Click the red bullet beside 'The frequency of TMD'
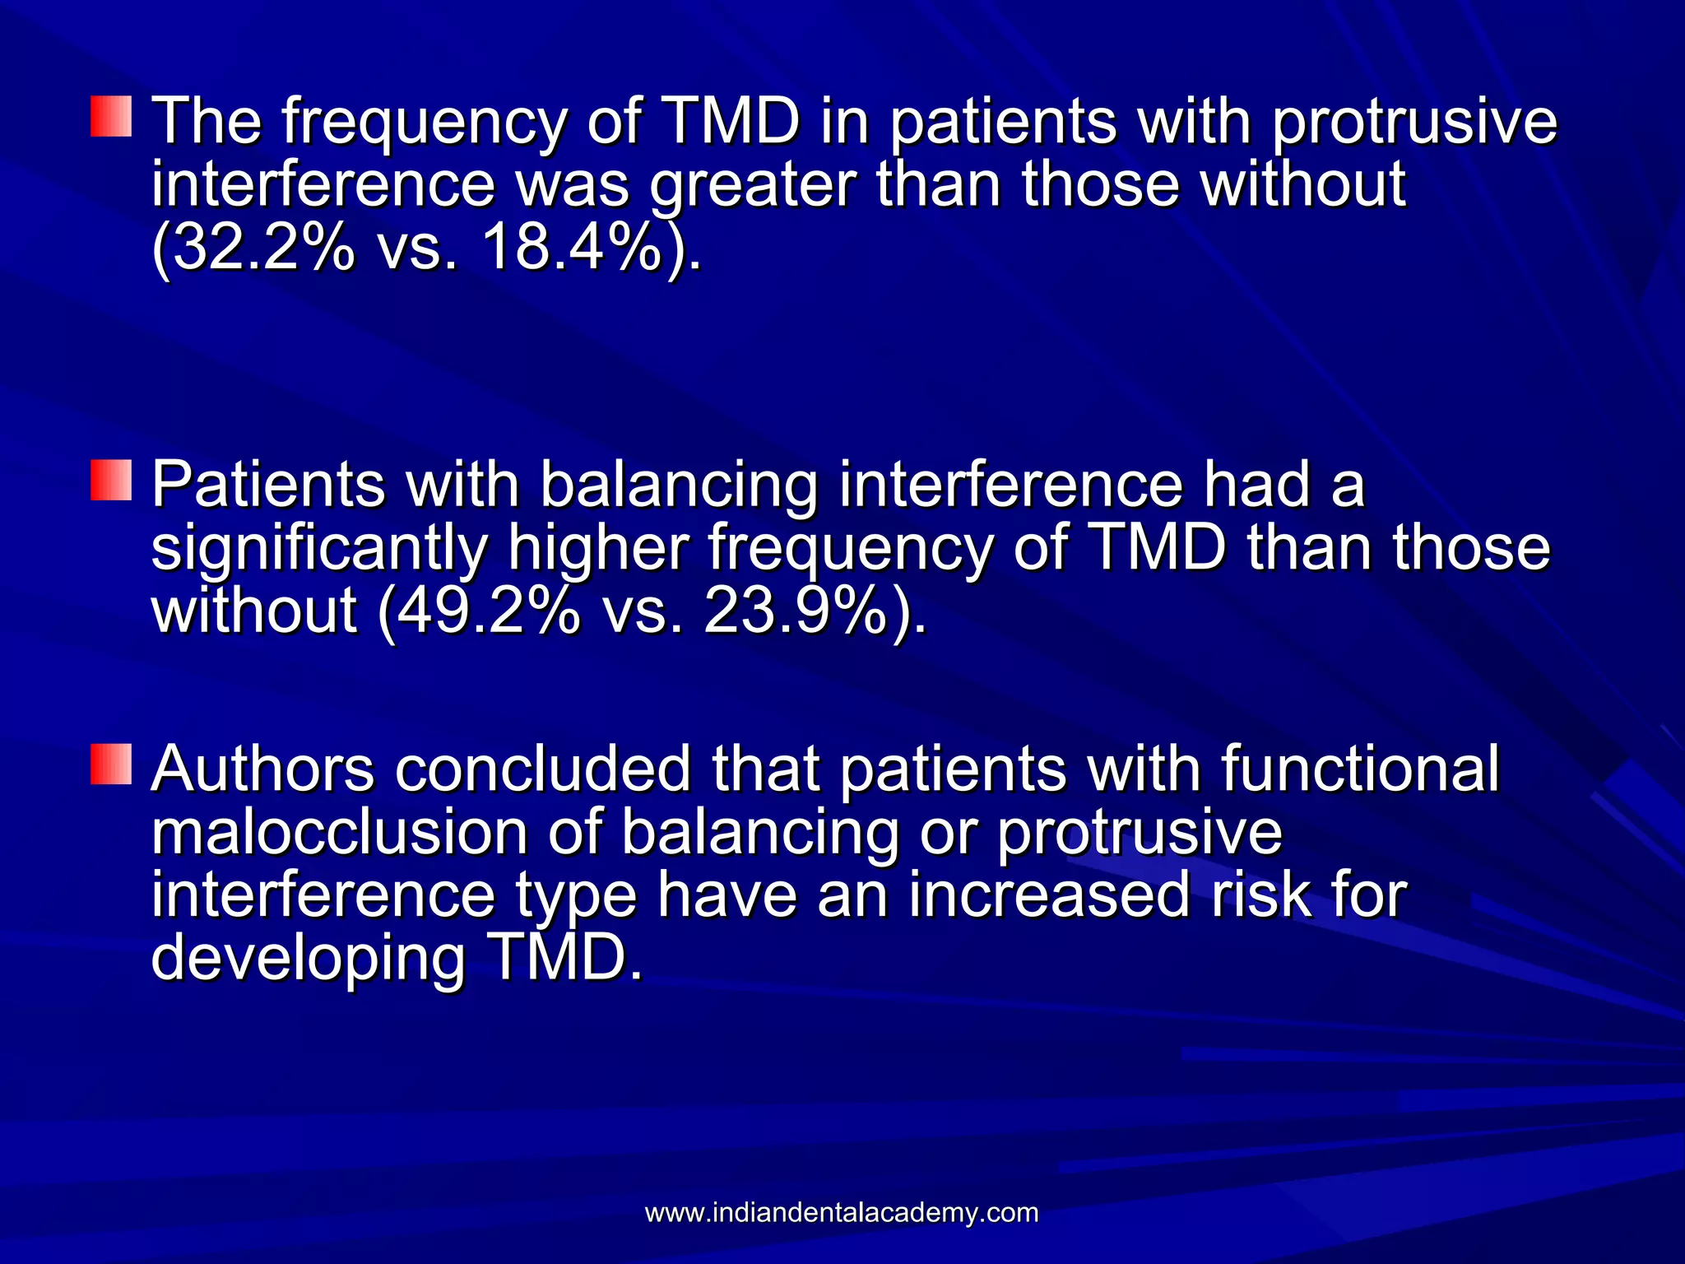(x=111, y=116)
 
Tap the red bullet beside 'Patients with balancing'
(x=111, y=480)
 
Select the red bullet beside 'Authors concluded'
(x=111, y=764)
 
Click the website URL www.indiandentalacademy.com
(x=842, y=1213)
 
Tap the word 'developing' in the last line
(x=309, y=960)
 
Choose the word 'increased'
(x=1050, y=895)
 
